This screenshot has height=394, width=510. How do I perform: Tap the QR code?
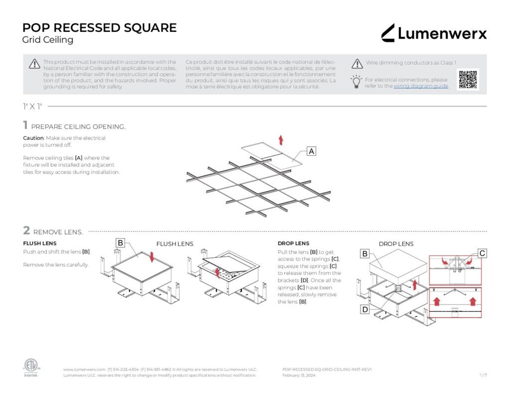(468, 79)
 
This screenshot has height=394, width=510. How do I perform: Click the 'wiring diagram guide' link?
(421, 86)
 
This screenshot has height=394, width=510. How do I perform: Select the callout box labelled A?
(311, 151)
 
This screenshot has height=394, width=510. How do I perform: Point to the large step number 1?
(25, 126)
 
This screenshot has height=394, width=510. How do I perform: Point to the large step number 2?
(26, 231)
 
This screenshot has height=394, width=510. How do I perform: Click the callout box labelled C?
(482, 254)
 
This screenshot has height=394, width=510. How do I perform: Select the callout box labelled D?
(365, 309)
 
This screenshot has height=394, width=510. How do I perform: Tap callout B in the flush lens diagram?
(120, 243)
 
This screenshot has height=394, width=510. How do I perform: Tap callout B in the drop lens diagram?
(365, 254)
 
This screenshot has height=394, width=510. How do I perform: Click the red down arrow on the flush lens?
(153, 258)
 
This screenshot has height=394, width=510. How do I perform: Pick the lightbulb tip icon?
(357, 82)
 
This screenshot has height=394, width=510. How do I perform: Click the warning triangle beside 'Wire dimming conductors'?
(357, 64)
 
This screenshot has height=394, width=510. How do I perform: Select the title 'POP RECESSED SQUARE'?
(100, 28)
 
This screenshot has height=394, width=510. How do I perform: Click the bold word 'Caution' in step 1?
(33, 138)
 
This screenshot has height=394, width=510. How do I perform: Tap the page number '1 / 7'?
(483, 375)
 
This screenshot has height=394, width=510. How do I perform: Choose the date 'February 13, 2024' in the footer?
(298, 375)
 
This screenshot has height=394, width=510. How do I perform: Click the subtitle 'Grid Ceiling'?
(48, 40)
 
